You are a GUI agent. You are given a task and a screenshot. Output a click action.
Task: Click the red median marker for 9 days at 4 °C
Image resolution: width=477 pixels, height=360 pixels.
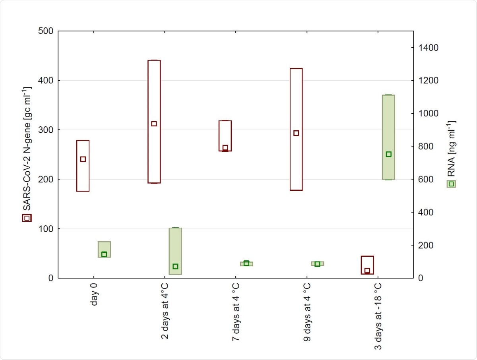coord(296,133)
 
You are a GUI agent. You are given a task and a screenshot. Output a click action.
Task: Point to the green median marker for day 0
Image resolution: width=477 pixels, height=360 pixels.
coord(104,254)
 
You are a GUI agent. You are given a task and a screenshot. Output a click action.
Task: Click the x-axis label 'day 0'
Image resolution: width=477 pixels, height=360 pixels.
coord(93,295)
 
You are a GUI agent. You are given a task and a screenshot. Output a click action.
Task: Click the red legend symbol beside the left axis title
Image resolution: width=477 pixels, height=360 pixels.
coord(27,218)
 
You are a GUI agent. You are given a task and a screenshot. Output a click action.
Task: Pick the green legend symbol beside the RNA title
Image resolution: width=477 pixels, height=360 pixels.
coord(452,184)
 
